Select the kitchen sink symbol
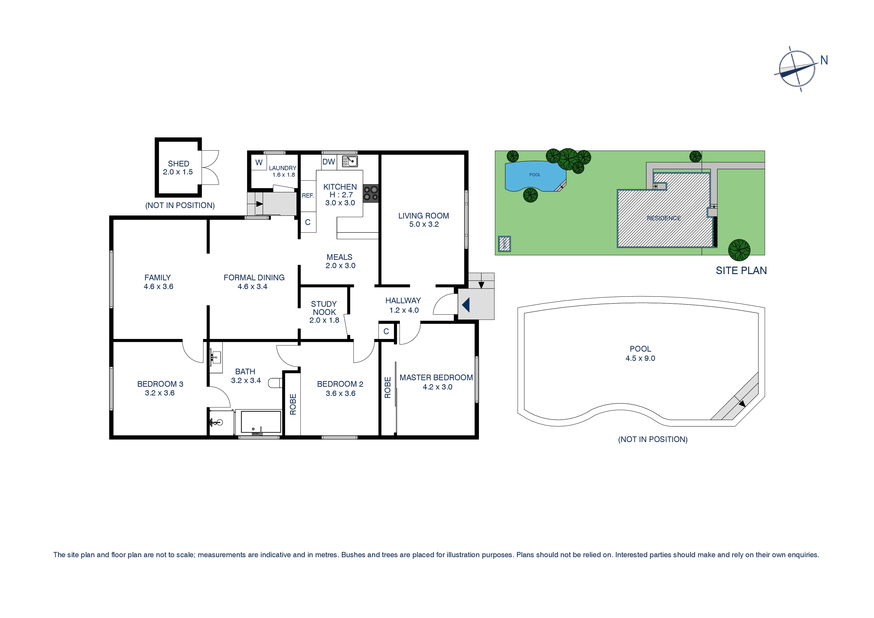350,161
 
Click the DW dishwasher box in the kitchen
329,162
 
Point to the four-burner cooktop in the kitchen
370,193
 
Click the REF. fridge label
308,196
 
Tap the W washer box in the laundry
259,162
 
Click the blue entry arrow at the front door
466,305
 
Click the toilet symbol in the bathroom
275,383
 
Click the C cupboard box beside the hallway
386,331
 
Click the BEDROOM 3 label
160,384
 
